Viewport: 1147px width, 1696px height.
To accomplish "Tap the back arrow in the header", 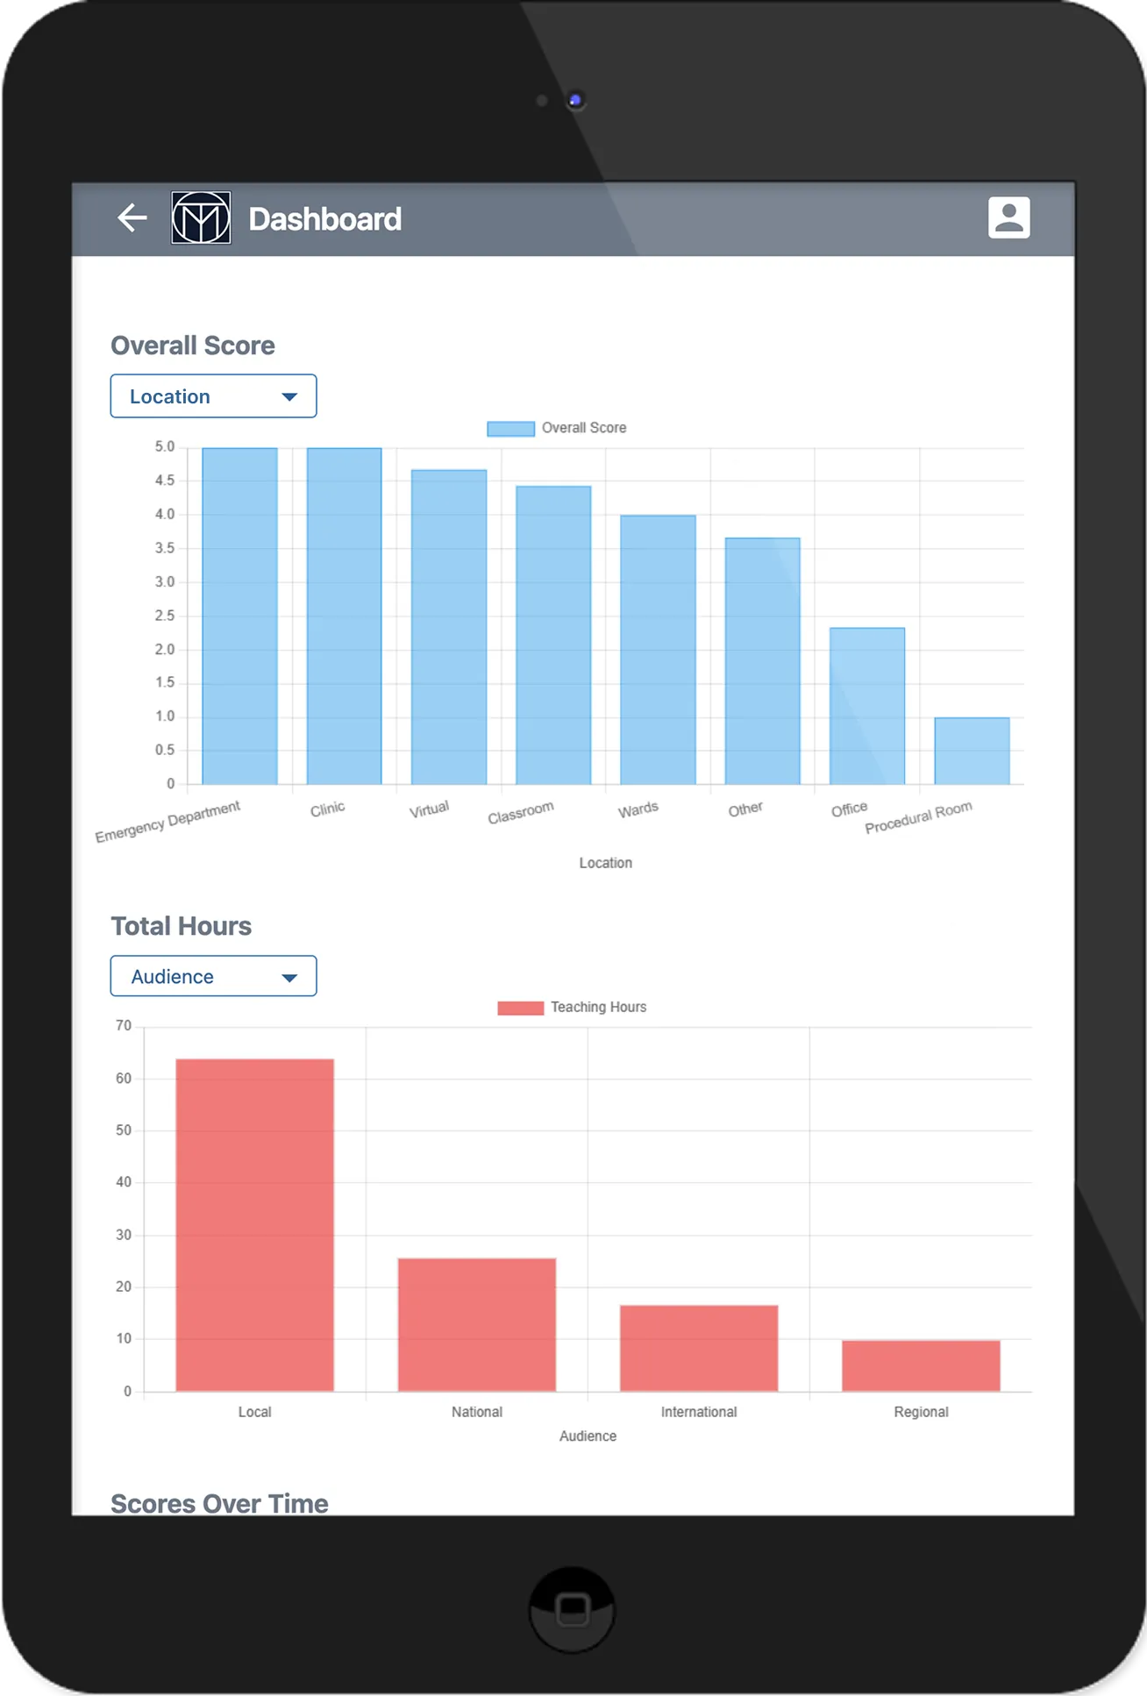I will (x=132, y=217).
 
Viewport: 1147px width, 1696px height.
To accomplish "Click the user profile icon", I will (x=1008, y=217).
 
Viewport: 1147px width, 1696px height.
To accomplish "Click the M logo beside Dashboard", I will (x=201, y=217).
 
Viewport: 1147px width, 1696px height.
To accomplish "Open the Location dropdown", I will (x=213, y=396).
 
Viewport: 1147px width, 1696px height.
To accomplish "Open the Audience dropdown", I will (x=213, y=976).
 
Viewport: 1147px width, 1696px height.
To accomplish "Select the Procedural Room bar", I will (x=972, y=751).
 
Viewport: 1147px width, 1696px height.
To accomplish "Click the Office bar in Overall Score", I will (x=866, y=706).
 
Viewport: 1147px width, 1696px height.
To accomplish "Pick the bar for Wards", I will (x=658, y=650).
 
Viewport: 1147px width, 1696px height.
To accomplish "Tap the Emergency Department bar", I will (x=239, y=616).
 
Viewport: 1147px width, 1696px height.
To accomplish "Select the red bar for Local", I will (x=254, y=1225).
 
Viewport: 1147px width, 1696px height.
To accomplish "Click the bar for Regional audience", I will (x=921, y=1365).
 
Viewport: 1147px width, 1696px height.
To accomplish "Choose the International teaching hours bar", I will (x=699, y=1348).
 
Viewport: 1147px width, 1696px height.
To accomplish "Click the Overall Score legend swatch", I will (x=510, y=428).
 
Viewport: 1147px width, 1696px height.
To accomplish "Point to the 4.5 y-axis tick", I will (x=165, y=481).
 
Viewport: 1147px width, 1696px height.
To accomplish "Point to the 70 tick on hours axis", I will (x=124, y=1026).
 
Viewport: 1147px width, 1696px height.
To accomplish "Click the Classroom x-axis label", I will (x=521, y=812).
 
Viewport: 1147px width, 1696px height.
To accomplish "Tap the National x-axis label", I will (x=477, y=1412).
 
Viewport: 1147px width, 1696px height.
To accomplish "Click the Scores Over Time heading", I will (x=219, y=1503).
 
